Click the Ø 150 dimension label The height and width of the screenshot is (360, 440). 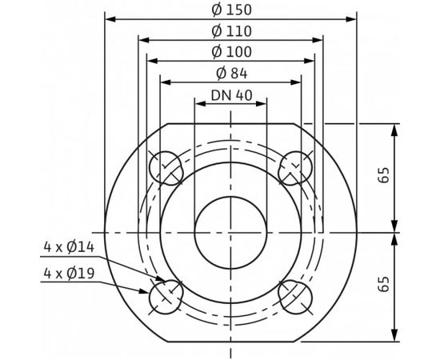232,10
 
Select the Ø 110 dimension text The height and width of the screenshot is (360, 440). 232,31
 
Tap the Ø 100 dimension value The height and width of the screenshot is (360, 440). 232,52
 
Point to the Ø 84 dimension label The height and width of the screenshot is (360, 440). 232,74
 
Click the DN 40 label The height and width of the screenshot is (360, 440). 232,94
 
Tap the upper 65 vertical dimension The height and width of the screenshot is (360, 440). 382,176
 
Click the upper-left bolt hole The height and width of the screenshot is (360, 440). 166,168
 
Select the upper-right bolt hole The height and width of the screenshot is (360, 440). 295,168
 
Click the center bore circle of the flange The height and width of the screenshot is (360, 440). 230,231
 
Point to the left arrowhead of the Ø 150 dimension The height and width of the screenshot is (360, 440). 109,18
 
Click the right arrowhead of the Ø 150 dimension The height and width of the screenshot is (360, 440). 353,18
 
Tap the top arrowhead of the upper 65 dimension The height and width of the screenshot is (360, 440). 395,127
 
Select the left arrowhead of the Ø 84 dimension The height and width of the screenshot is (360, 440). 165,82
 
